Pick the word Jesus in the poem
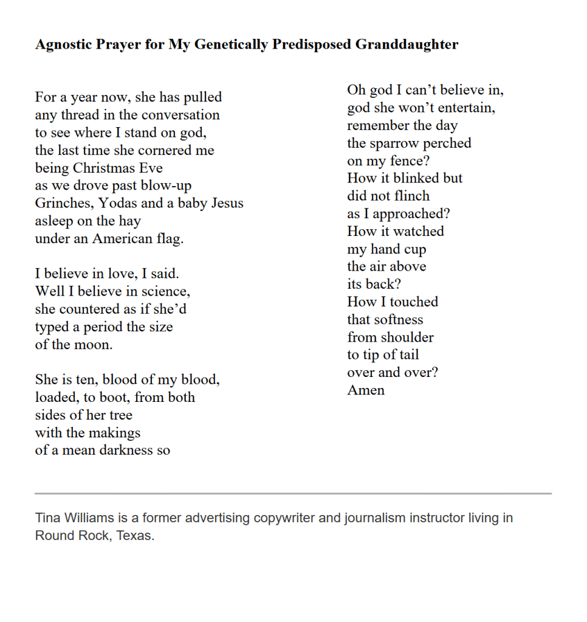coord(227,203)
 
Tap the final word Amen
coord(366,390)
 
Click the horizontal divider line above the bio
coord(293,493)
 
